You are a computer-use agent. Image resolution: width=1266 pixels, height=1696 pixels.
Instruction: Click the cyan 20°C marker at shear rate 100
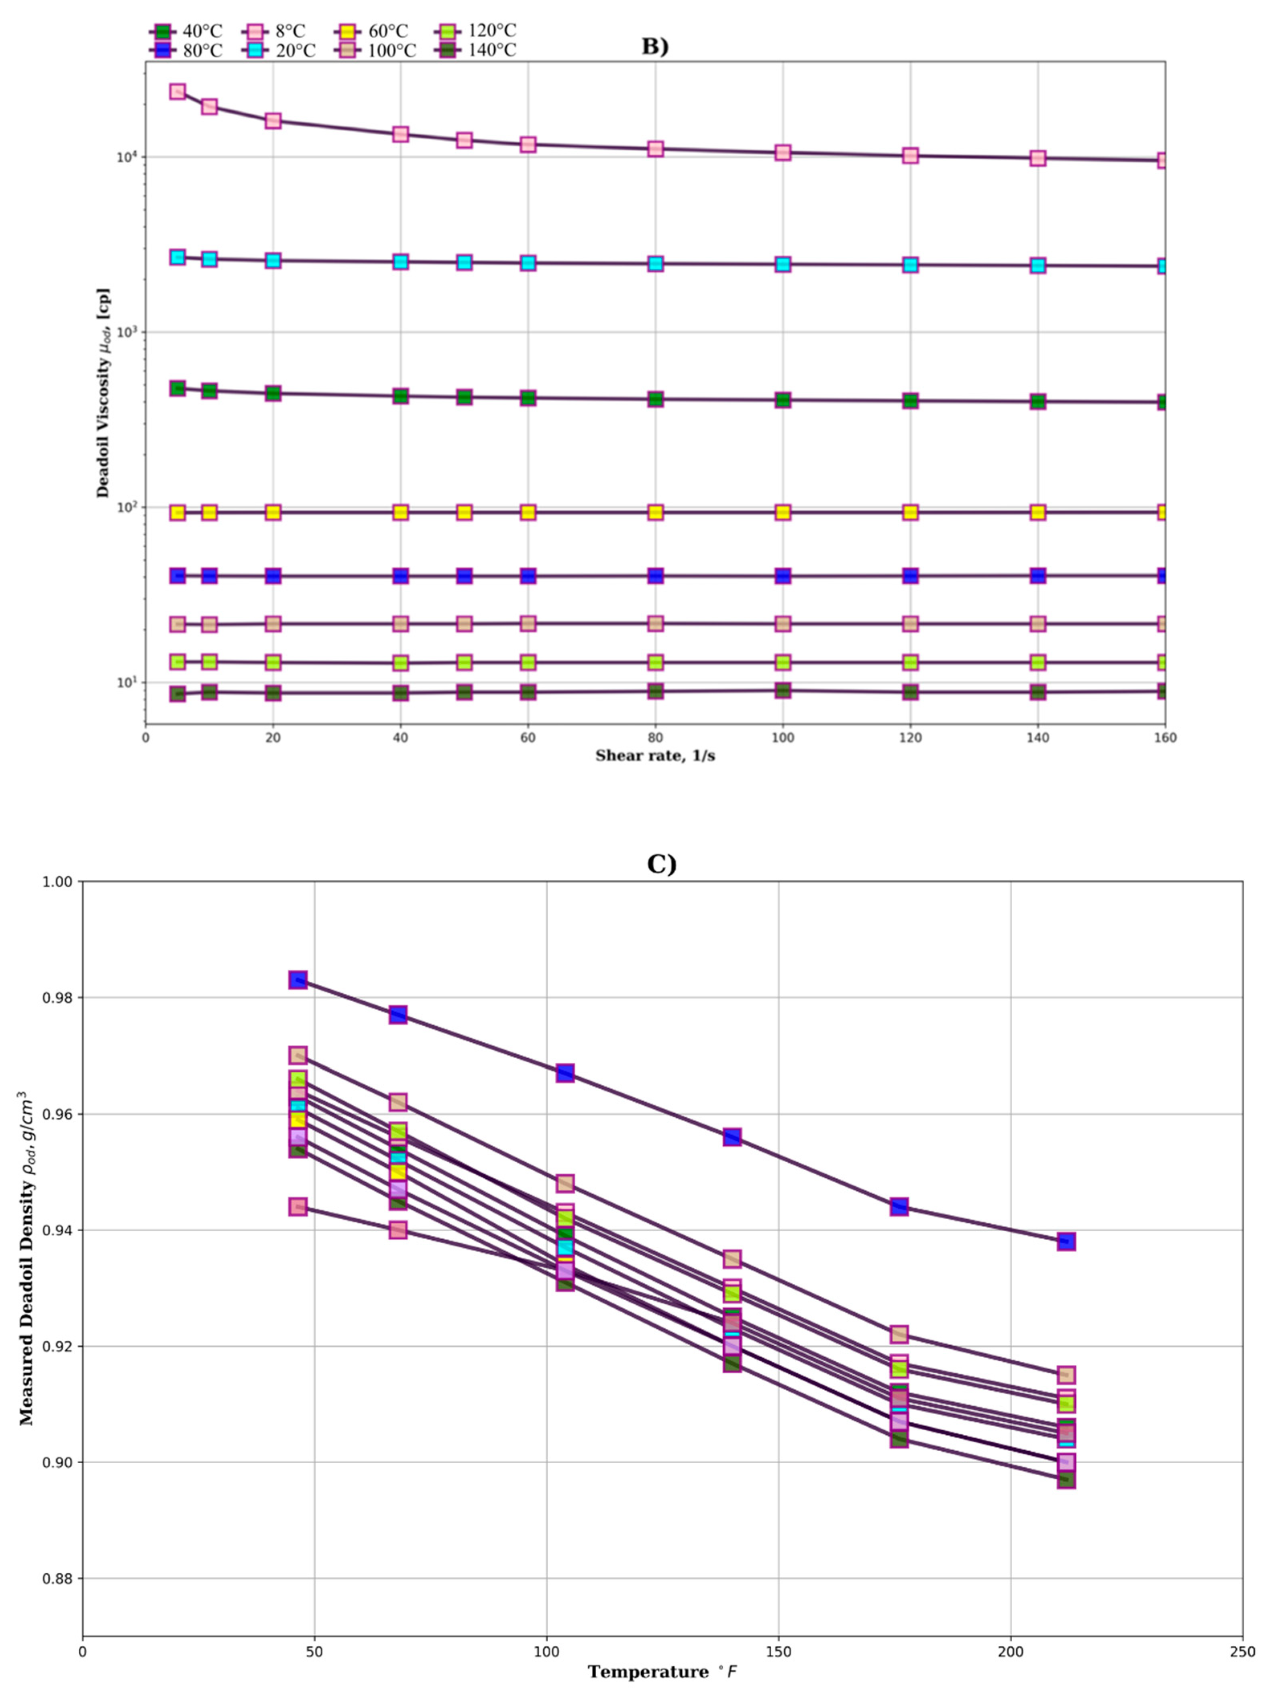coord(783,264)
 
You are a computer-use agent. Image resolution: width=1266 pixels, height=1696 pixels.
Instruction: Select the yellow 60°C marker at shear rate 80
coord(655,512)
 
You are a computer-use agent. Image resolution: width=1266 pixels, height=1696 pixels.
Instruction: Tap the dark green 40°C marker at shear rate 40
coord(400,396)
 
